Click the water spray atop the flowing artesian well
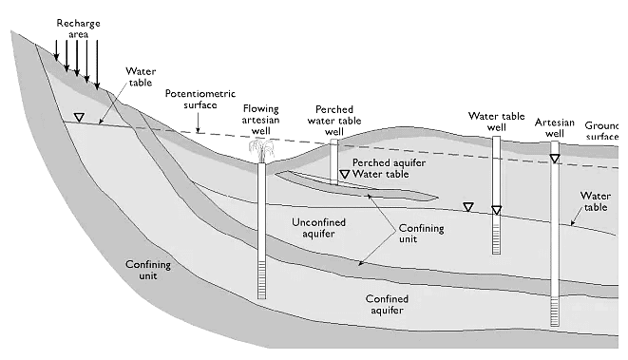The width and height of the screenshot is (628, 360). click(261, 149)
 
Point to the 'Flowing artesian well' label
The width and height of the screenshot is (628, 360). click(261, 121)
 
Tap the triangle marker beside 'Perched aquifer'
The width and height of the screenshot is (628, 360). click(345, 175)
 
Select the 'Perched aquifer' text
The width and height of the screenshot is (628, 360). click(385, 163)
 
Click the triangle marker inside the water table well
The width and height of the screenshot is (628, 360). click(496, 210)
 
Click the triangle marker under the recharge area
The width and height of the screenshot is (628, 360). click(80, 118)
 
